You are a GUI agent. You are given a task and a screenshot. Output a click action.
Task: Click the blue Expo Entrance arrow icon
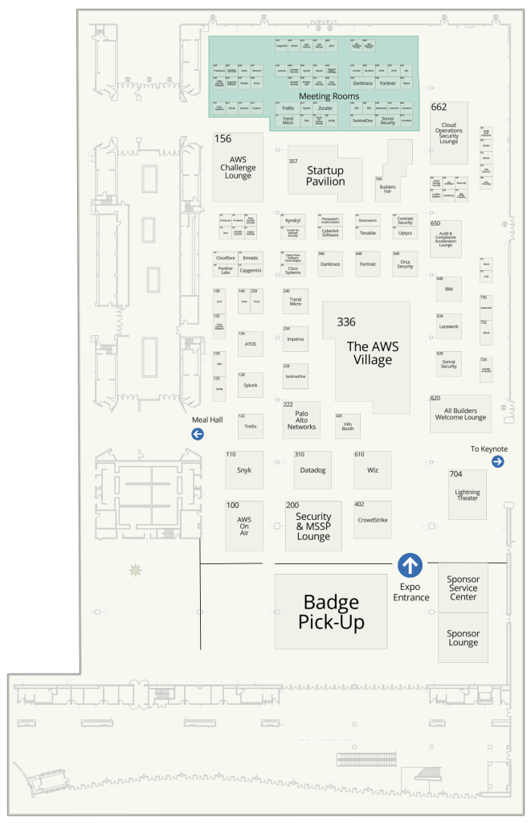point(411,566)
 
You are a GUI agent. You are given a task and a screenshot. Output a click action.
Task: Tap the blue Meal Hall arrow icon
point(197,435)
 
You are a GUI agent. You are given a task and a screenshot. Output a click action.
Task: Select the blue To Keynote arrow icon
point(497,461)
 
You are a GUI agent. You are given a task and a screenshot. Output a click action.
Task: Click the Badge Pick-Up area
point(331,611)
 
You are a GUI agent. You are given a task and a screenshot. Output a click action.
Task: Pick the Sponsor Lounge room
point(463,637)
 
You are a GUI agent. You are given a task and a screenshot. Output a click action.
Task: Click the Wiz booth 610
point(373,469)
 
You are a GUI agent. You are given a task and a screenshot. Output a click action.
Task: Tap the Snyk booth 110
point(244,469)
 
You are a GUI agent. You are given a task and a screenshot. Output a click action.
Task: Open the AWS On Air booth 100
point(244,525)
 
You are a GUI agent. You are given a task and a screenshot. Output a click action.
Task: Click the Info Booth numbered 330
point(348,426)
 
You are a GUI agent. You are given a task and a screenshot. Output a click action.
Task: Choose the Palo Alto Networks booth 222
point(301,420)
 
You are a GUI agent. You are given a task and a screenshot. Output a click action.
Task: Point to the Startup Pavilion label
point(325,176)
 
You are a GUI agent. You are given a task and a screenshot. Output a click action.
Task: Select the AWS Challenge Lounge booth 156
point(238,167)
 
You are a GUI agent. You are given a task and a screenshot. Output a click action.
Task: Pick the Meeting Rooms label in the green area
point(329,96)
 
